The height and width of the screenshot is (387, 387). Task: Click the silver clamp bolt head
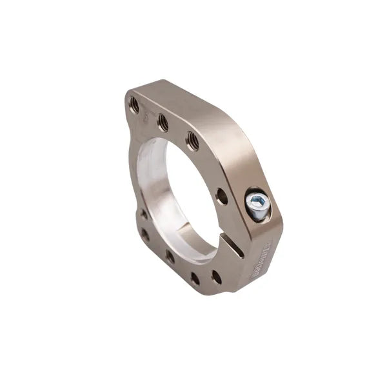pyautogui.click(x=256, y=205)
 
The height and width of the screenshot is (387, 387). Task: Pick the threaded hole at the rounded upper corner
pyautogui.click(x=134, y=103)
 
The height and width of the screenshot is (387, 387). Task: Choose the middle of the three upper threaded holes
pyautogui.click(x=163, y=121)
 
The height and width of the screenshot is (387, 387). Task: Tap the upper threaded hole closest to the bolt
pyautogui.click(x=192, y=140)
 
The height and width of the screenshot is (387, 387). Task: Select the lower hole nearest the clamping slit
pyautogui.click(x=216, y=277)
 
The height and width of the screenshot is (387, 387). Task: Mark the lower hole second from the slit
pyautogui.click(x=194, y=279)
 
